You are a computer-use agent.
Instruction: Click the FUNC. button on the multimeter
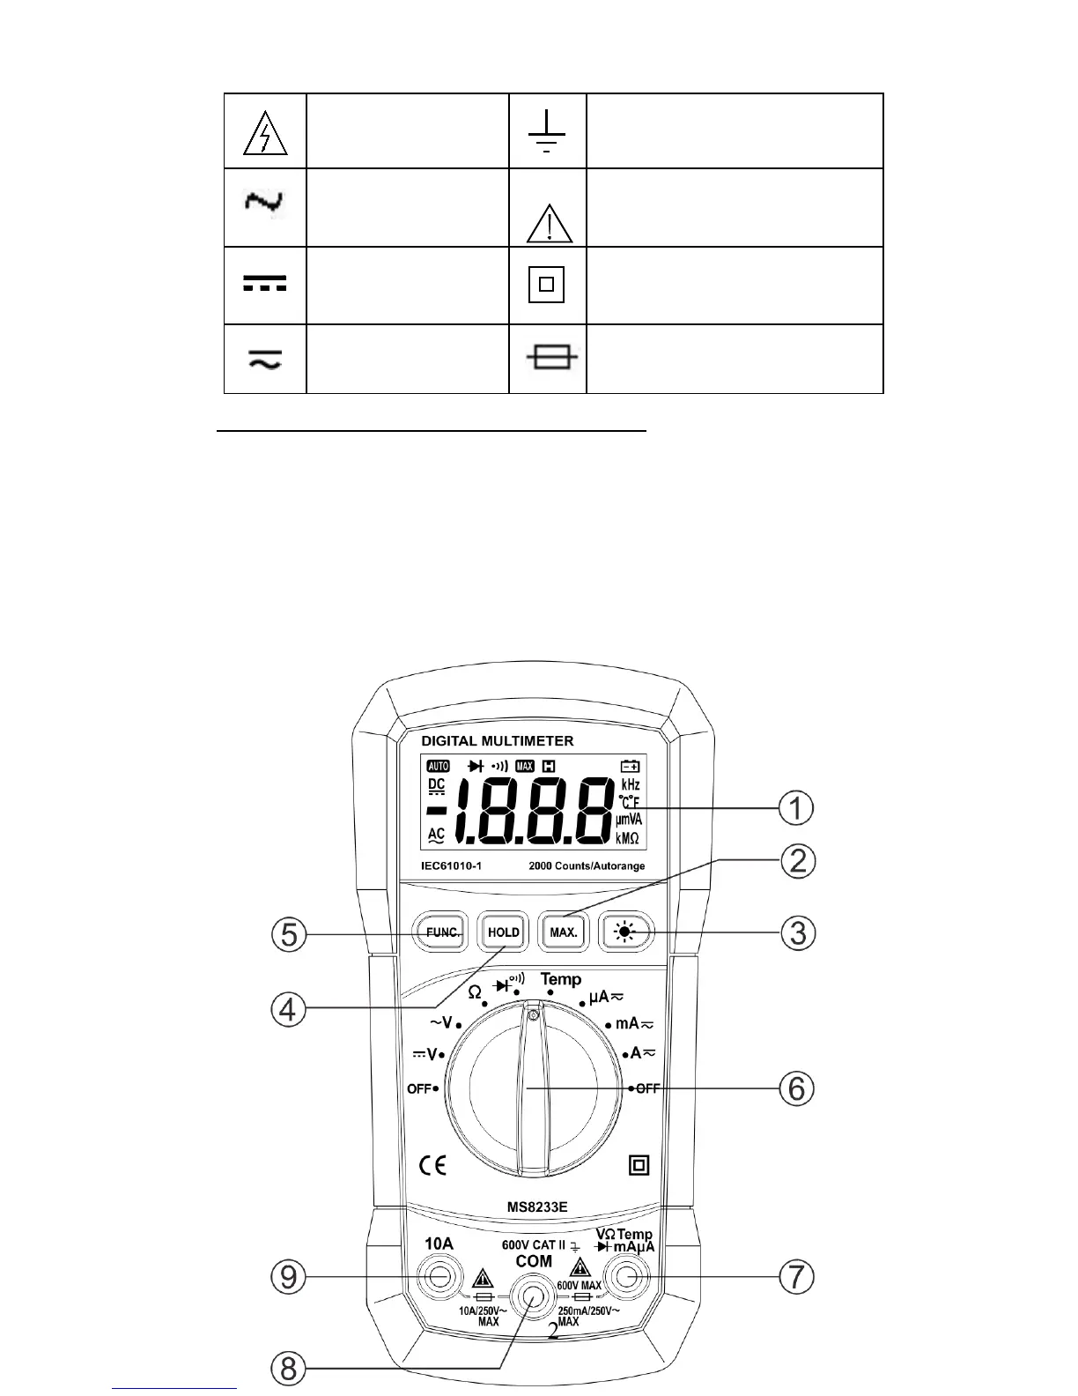click(x=440, y=932)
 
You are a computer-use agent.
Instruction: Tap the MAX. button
click(x=564, y=932)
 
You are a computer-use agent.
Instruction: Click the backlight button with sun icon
click(x=626, y=932)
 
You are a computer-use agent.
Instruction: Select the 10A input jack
click(x=439, y=1276)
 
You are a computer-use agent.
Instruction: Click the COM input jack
click(x=532, y=1296)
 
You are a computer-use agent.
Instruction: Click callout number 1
click(x=796, y=808)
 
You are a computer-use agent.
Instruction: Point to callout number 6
click(x=796, y=1088)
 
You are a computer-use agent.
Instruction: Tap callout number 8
click(x=288, y=1368)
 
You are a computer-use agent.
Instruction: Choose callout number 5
click(x=288, y=933)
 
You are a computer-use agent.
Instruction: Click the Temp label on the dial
click(x=561, y=979)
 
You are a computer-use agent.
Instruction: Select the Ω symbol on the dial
click(x=475, y=992)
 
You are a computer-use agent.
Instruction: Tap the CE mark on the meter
click(x=432, y=1165)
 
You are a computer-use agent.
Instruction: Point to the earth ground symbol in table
click(x=547, y=132)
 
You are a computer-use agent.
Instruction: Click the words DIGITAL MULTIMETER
click(x=497, y=741)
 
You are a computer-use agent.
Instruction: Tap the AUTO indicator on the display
click(x=438, y=766)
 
